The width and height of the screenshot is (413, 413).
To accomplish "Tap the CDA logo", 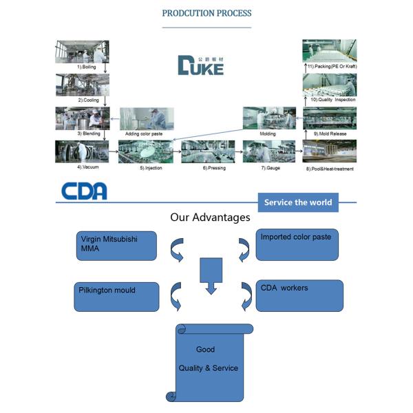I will coord(84,191).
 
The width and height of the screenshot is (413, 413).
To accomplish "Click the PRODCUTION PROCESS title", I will coord(206,13).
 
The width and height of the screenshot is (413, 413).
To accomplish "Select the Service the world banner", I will coord(298,202).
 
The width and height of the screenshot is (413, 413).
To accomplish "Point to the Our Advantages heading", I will coord(210,218).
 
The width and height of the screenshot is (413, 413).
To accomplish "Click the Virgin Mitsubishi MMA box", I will coord(117,246).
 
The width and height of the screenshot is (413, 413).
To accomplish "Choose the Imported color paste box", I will coord(297,244).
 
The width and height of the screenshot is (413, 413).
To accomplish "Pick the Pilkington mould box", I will coord(117,295).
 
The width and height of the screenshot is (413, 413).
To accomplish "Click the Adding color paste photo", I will coord(146,118).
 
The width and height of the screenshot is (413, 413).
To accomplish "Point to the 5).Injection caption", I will coord(151,167).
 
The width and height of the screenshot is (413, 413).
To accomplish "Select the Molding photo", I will coord(268,118).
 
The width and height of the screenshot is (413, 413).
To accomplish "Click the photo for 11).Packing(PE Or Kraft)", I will coord(329,50).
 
